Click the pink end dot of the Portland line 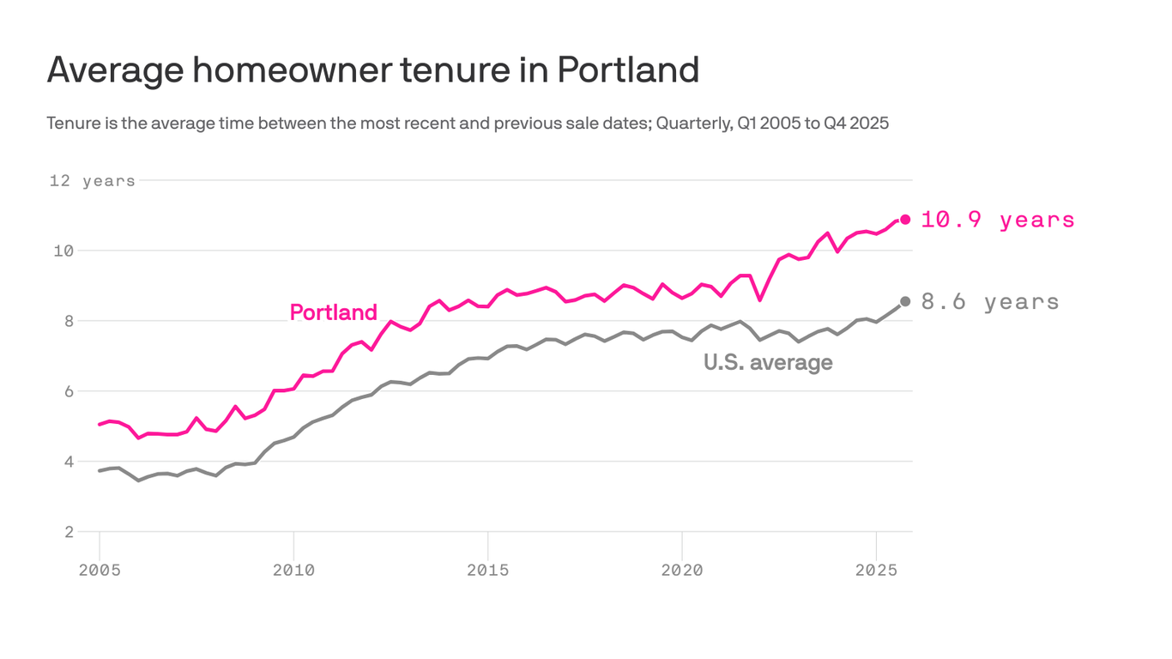point(905,220)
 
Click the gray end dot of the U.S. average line point(905,301)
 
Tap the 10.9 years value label point(997,220)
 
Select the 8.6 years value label point(990,302)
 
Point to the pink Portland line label point(333,312)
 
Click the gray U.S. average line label point(768,362)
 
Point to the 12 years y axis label point(92,181)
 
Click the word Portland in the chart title point(628,70)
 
